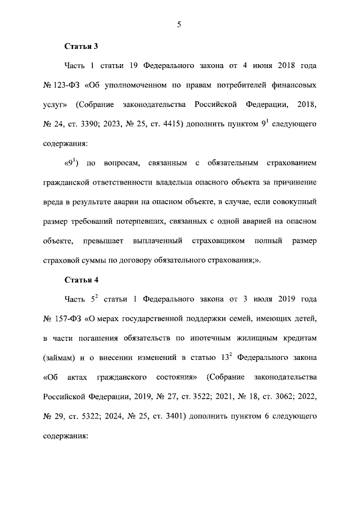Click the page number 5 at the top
pos(180,24)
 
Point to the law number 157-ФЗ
pos(69,319)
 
